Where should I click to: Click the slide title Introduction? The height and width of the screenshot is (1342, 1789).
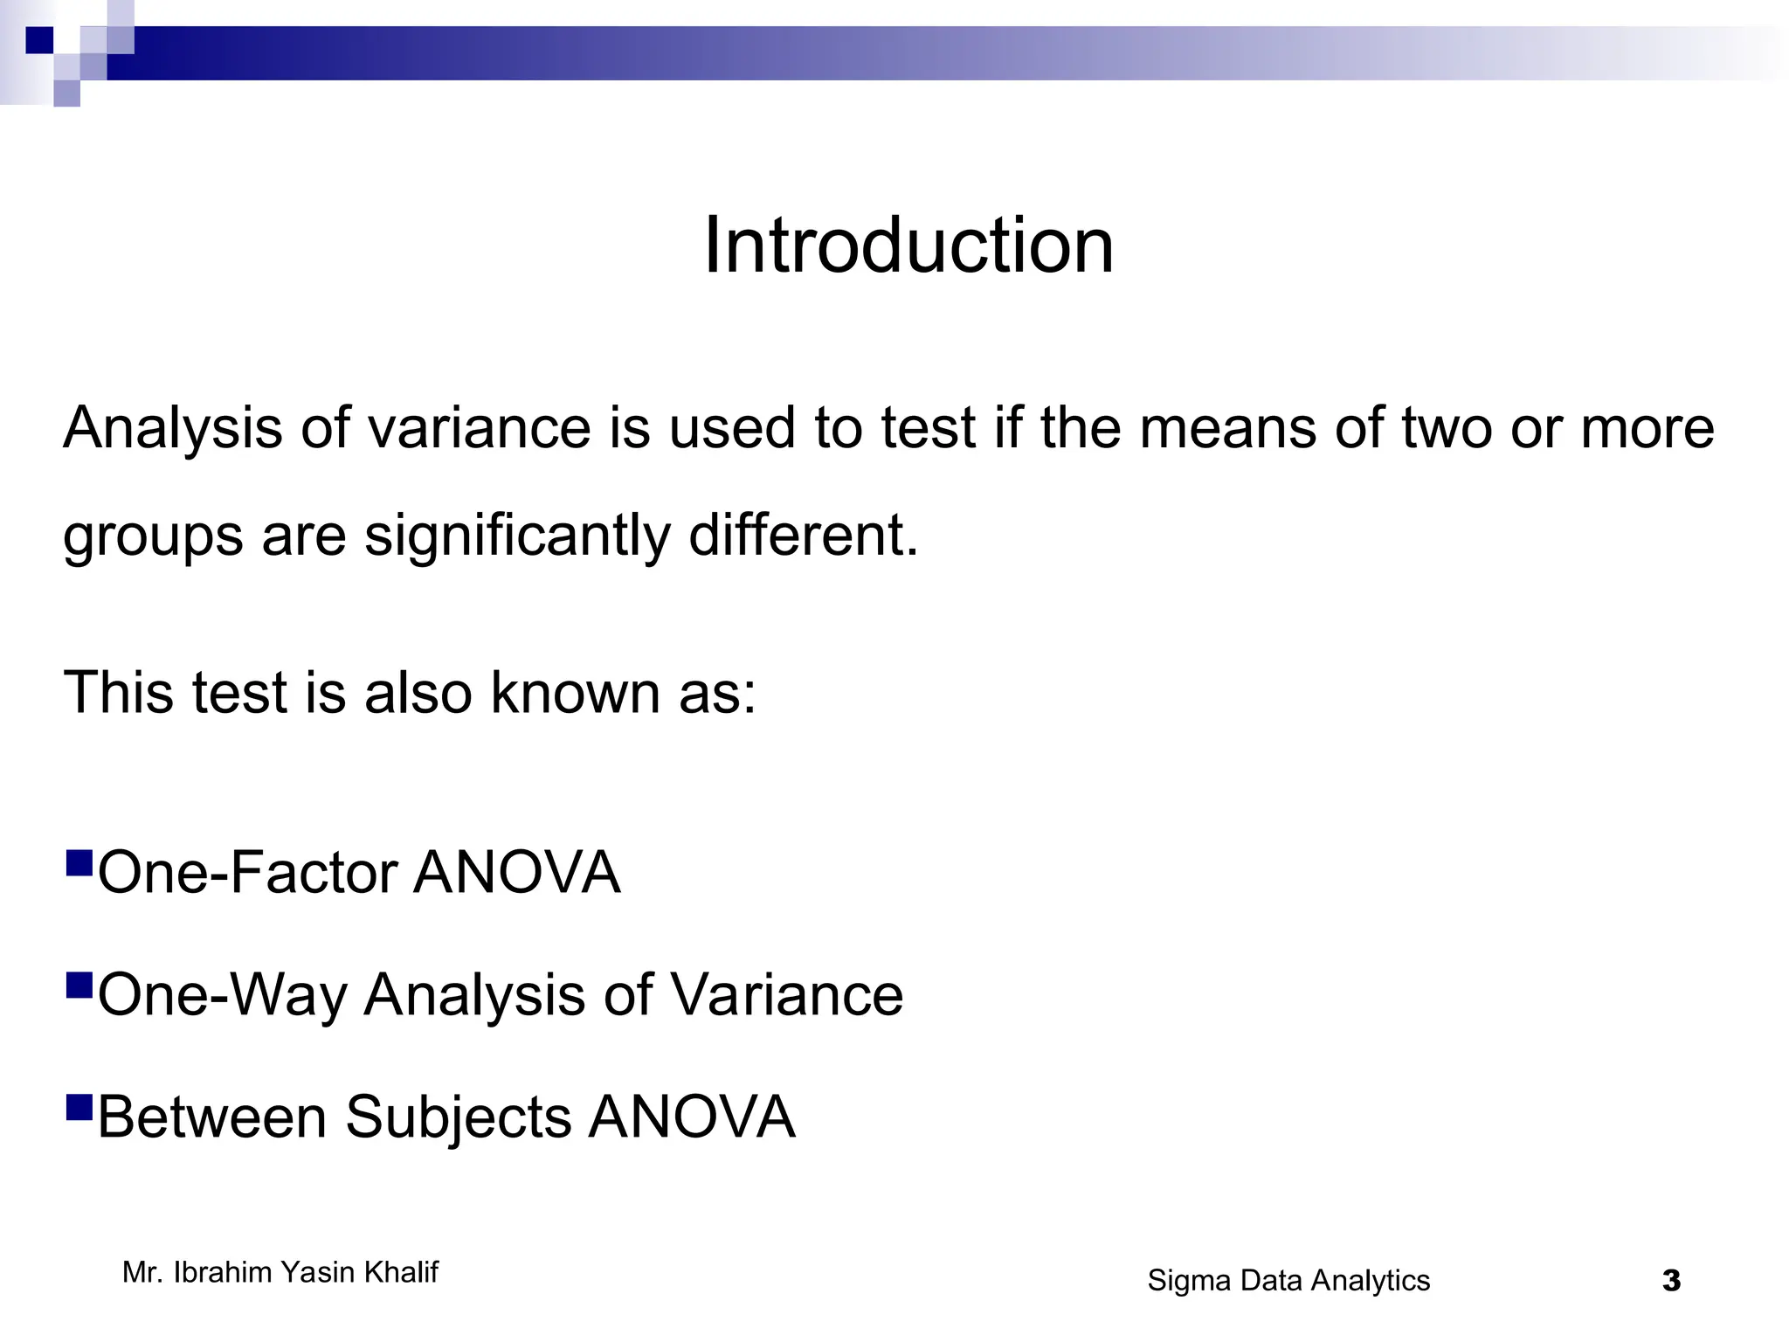[x=908, y=246]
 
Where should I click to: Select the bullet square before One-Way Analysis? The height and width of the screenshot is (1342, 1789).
[x=79, y=986]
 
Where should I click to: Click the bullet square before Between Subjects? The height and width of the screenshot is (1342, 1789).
[x=79, y=1108]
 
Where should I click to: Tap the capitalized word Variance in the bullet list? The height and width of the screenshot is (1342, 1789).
[x=786, y=994]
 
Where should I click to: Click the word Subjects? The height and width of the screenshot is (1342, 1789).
[x=458, y=1118]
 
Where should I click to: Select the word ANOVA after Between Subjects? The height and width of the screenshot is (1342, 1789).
[x=692, y=1117]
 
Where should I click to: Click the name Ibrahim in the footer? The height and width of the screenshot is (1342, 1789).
[x=223, y=1273]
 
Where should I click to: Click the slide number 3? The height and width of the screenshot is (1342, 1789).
[x=1671, y=1282]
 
